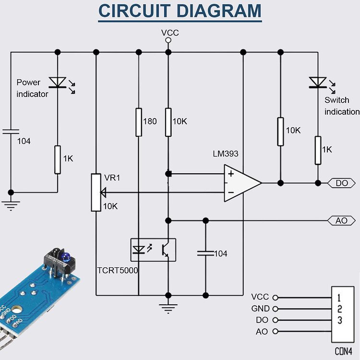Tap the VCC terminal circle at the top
pyautogui.click(x=168, y=40)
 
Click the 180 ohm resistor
pyautogui.click(x=138, y=122)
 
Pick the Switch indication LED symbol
pyautogui.click(x=317, y=83)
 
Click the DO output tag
pyautogui.click(x=342, y=183)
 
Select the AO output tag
pyautogui.click(x=341, y=221)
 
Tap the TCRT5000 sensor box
pyautogui.click(x=153, y=250)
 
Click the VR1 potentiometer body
pyautogui.click(x=96, y=192)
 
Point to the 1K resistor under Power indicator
pyautogui.click(x=58, y=159)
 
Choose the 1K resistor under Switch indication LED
pyautogui.click(x=318, y=150)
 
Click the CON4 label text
pyautogui.click(x=343, y=351)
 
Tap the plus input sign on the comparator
pyautogui.click(x=231, y=174)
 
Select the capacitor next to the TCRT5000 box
pyautogui.click(x=205, y=253)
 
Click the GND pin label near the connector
pyautogui.click(x=260, y=309)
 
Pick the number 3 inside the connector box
pyautogui.click(x=339, y=320)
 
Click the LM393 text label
pyautogui.click(x=226, y=154)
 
